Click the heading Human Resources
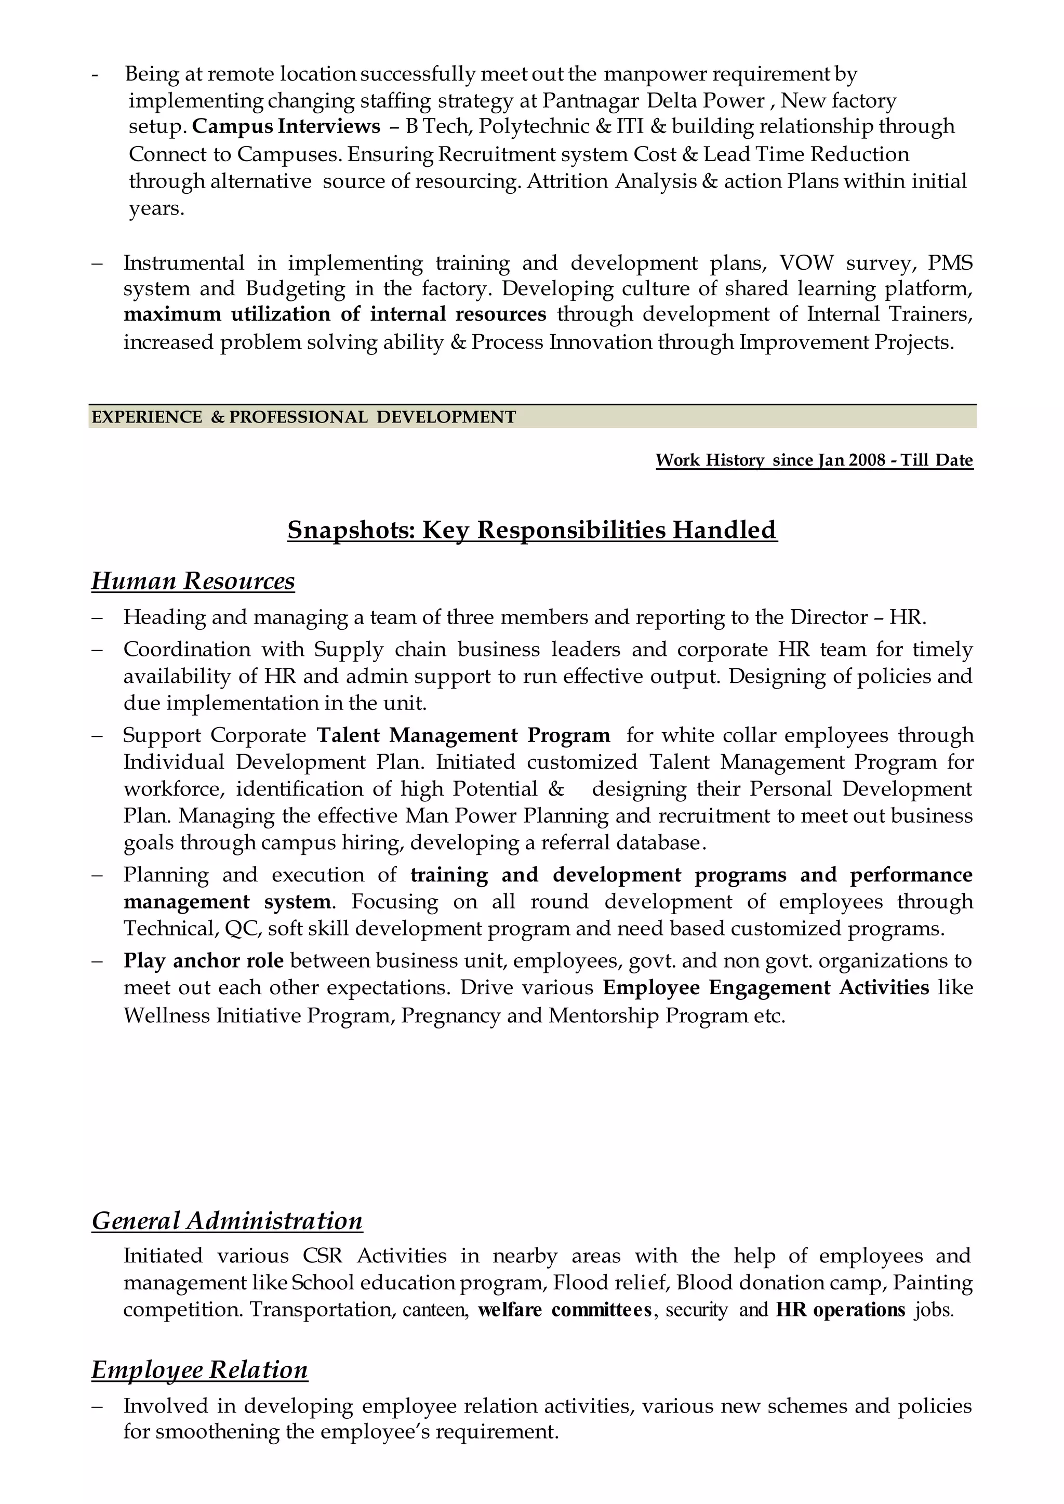point(193,582)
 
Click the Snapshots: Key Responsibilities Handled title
point(532,530)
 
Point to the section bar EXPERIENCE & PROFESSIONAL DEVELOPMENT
point(303,417)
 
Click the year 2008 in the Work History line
point(867,460)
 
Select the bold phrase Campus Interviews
point(286,126)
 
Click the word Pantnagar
point(591,100)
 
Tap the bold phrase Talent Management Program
point(463,735)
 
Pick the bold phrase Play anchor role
point(203,961)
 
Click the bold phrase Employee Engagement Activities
point(765,987)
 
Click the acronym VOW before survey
point(806,263)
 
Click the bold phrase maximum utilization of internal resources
point(334,314)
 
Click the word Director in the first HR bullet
point(828,617)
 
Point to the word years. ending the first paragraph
point(156,208)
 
